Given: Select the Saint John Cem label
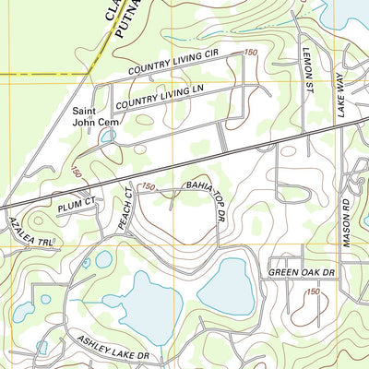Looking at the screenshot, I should point(97,114).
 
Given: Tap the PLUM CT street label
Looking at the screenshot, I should point(76,204).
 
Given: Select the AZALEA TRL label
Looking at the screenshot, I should point(30,234).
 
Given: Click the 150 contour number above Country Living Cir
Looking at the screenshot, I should point(250,54).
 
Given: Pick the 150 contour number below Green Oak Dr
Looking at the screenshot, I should point(315,292).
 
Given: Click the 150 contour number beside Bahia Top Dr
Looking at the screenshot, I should point(148,187).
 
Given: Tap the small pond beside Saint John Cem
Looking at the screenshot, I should point(109,137).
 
